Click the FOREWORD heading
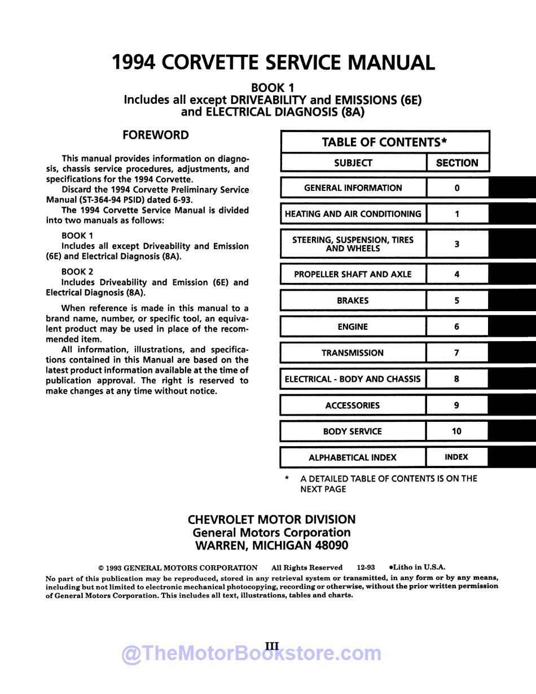(156, 136)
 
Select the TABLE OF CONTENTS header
(385, 142)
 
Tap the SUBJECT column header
(353, 163)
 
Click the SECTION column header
(457, 163)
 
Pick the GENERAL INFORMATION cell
(353, 188)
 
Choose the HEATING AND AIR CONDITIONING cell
(353, 214)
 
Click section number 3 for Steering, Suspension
(457, 244)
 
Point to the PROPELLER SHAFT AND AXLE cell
(353, 274)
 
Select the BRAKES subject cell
(353, 300)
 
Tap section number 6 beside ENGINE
(457, 326)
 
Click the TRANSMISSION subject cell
(353, 353)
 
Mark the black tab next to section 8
(512, 379)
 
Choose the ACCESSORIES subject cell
(353, 405)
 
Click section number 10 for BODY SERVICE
(457, 431)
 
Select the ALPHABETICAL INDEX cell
(353, 457)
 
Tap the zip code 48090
(329, 545)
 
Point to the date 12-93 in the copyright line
(366, 568)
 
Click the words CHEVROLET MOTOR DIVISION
(271, 520)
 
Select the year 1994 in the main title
(134, 62)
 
